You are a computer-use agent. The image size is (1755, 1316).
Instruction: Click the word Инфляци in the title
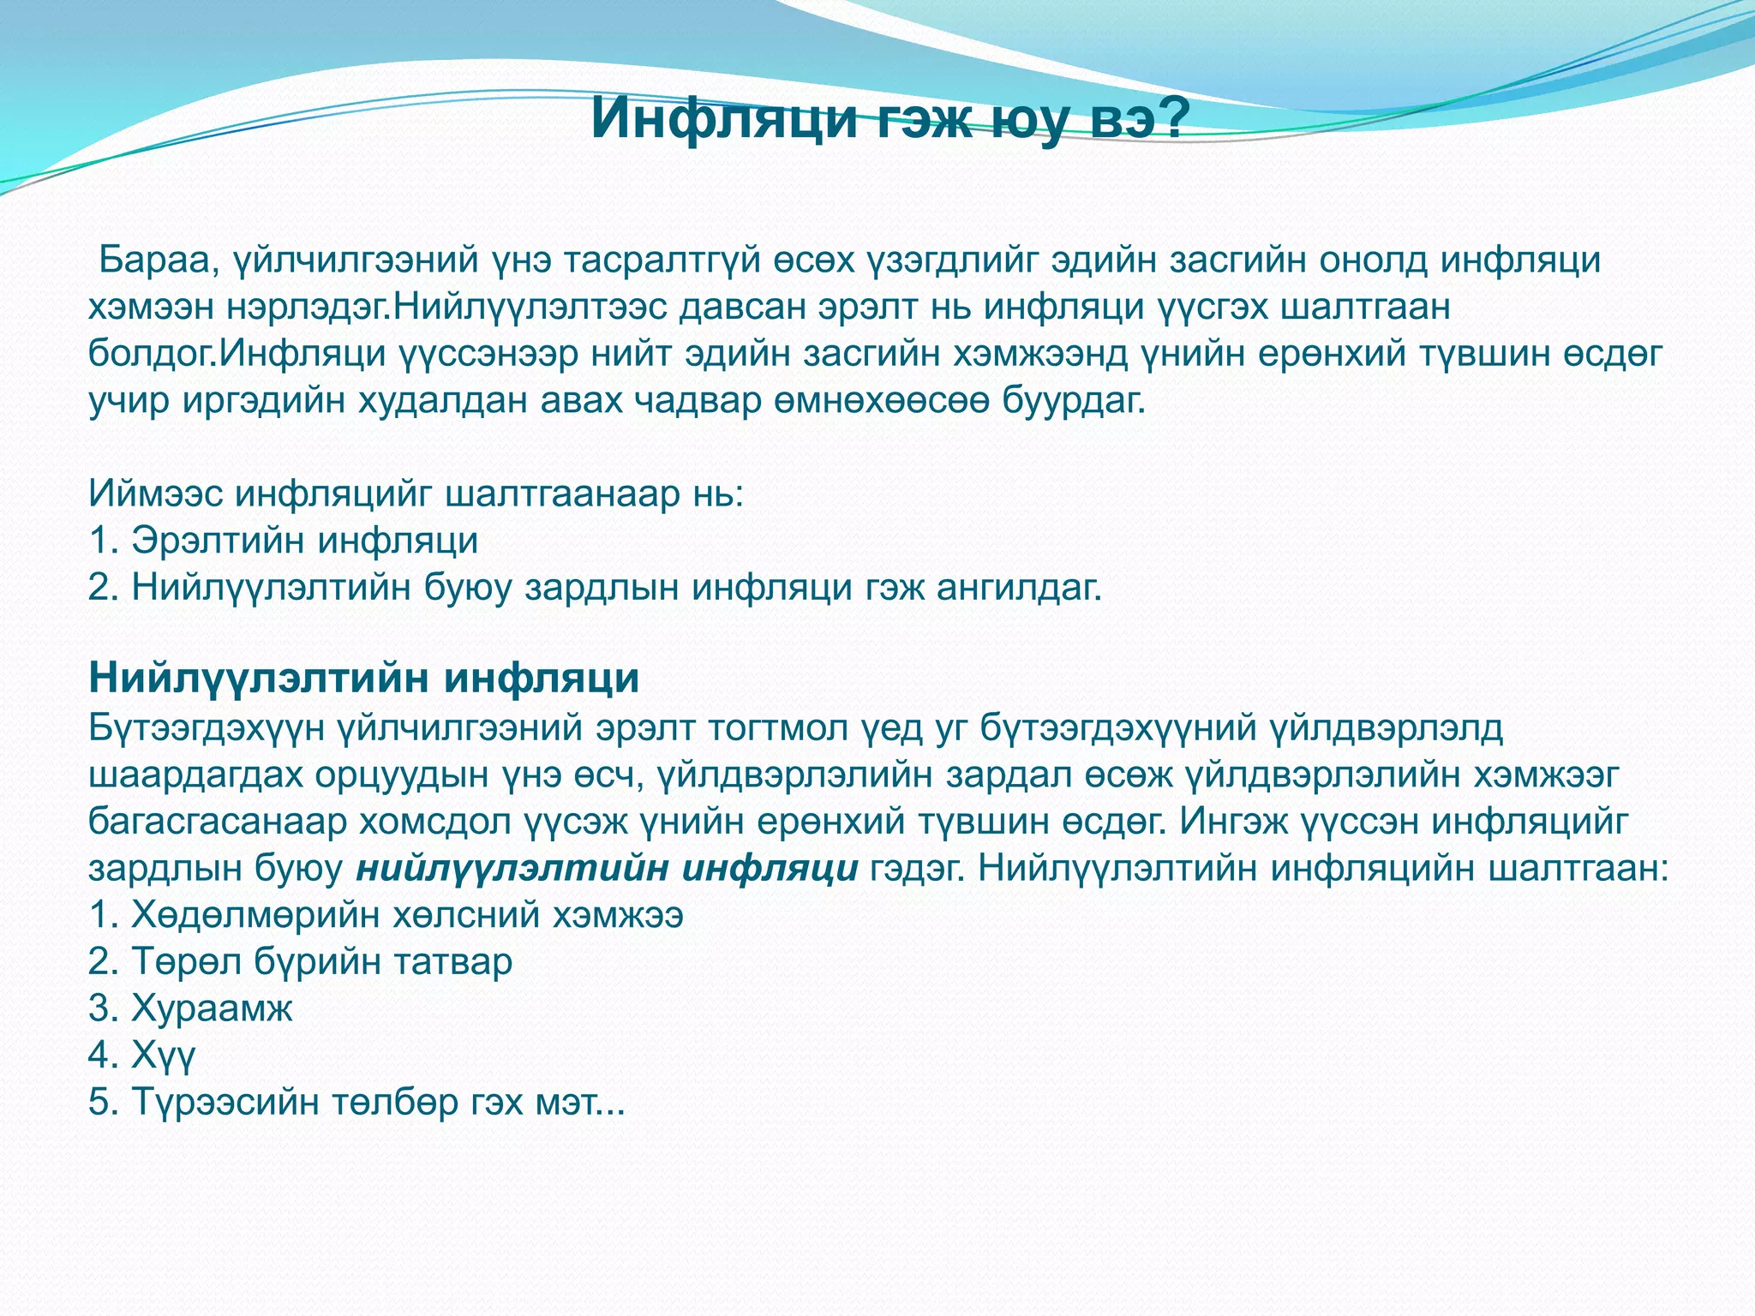[724, 118]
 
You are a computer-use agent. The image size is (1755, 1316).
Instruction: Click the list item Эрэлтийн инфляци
[304, 541]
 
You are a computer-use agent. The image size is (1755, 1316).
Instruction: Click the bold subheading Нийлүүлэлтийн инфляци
[364, 678]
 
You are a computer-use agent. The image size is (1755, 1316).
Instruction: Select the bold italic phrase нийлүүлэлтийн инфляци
[607, 869]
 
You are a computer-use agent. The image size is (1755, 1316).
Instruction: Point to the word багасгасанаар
[218, 822]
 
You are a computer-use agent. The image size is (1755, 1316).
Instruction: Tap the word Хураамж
[212, 1008]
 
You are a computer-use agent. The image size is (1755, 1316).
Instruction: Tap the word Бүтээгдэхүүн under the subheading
[207, 728]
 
